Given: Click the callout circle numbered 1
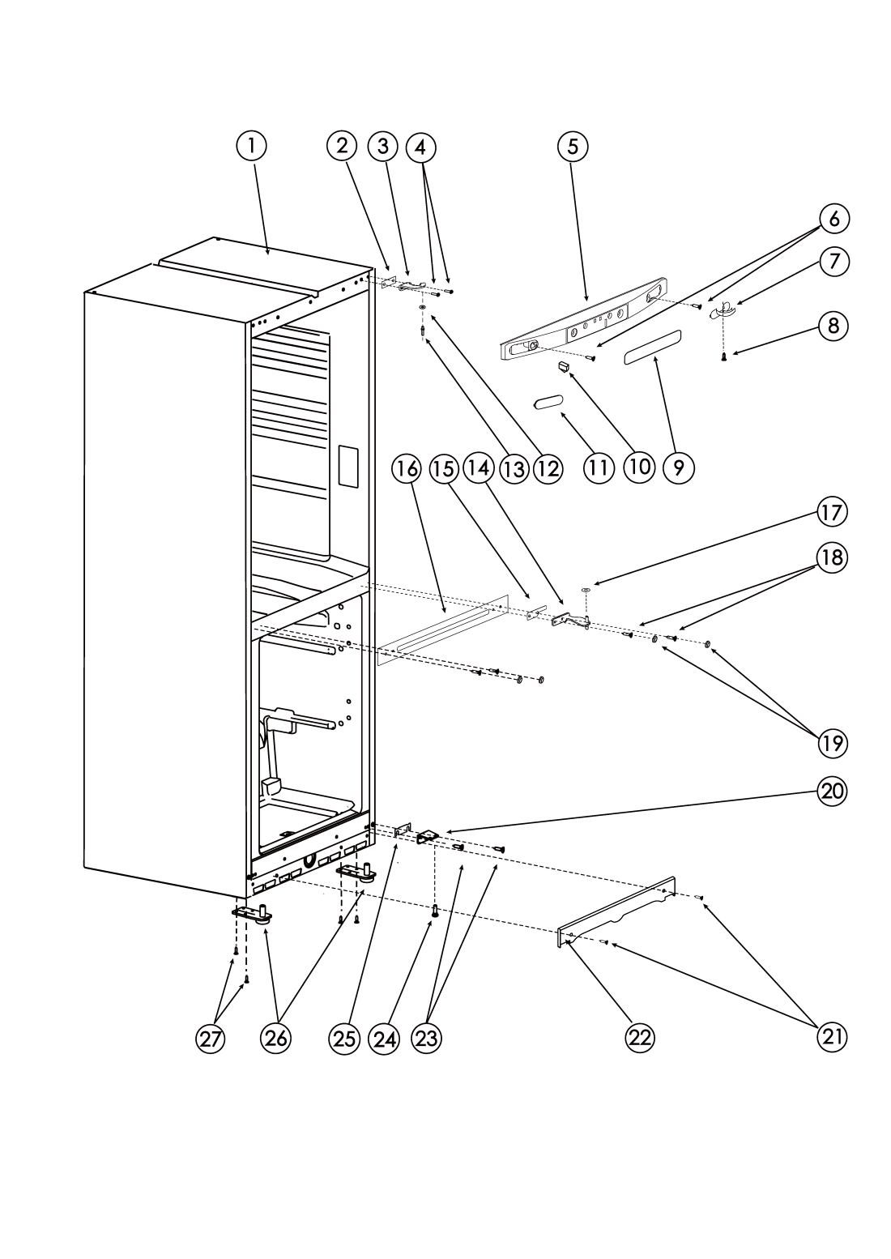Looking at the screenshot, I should click(251, 146).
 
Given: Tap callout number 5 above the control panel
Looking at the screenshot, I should click(573, 146).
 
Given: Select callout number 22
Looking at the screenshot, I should click(640, 1038).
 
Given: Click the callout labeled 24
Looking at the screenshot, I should click(384, 1038).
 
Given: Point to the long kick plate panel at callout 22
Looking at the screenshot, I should click(616, 911).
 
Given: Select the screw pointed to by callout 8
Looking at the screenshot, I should click(723, 357).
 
